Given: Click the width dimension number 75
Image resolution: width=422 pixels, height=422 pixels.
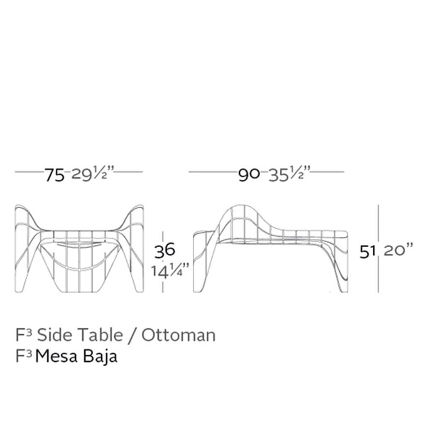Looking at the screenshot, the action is (54, 175).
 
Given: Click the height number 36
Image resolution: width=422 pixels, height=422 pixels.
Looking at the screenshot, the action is (165, 250).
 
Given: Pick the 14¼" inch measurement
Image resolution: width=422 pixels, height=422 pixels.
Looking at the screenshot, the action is (170, 270).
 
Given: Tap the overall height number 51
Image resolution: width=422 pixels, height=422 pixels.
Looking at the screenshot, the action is (368, 252).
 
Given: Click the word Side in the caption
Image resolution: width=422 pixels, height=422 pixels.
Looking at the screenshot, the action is (54, 335).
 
